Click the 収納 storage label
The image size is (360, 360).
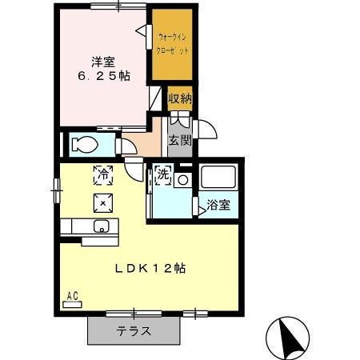tap(180, 99)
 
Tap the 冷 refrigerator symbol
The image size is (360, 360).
tap(102, 173)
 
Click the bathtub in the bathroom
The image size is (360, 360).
tap(218, 178)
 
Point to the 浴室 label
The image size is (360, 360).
tap(218, 204)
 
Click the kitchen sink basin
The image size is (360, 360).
tap(101, 226)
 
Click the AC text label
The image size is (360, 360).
tap(72, 295)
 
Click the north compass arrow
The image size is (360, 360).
tap(289, 337)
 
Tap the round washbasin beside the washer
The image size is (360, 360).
tap(182, 180)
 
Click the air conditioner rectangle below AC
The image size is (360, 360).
tap(72, 304)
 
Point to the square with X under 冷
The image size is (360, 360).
tap(102, 200)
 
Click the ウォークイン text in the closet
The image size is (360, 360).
tap(173, 37)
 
